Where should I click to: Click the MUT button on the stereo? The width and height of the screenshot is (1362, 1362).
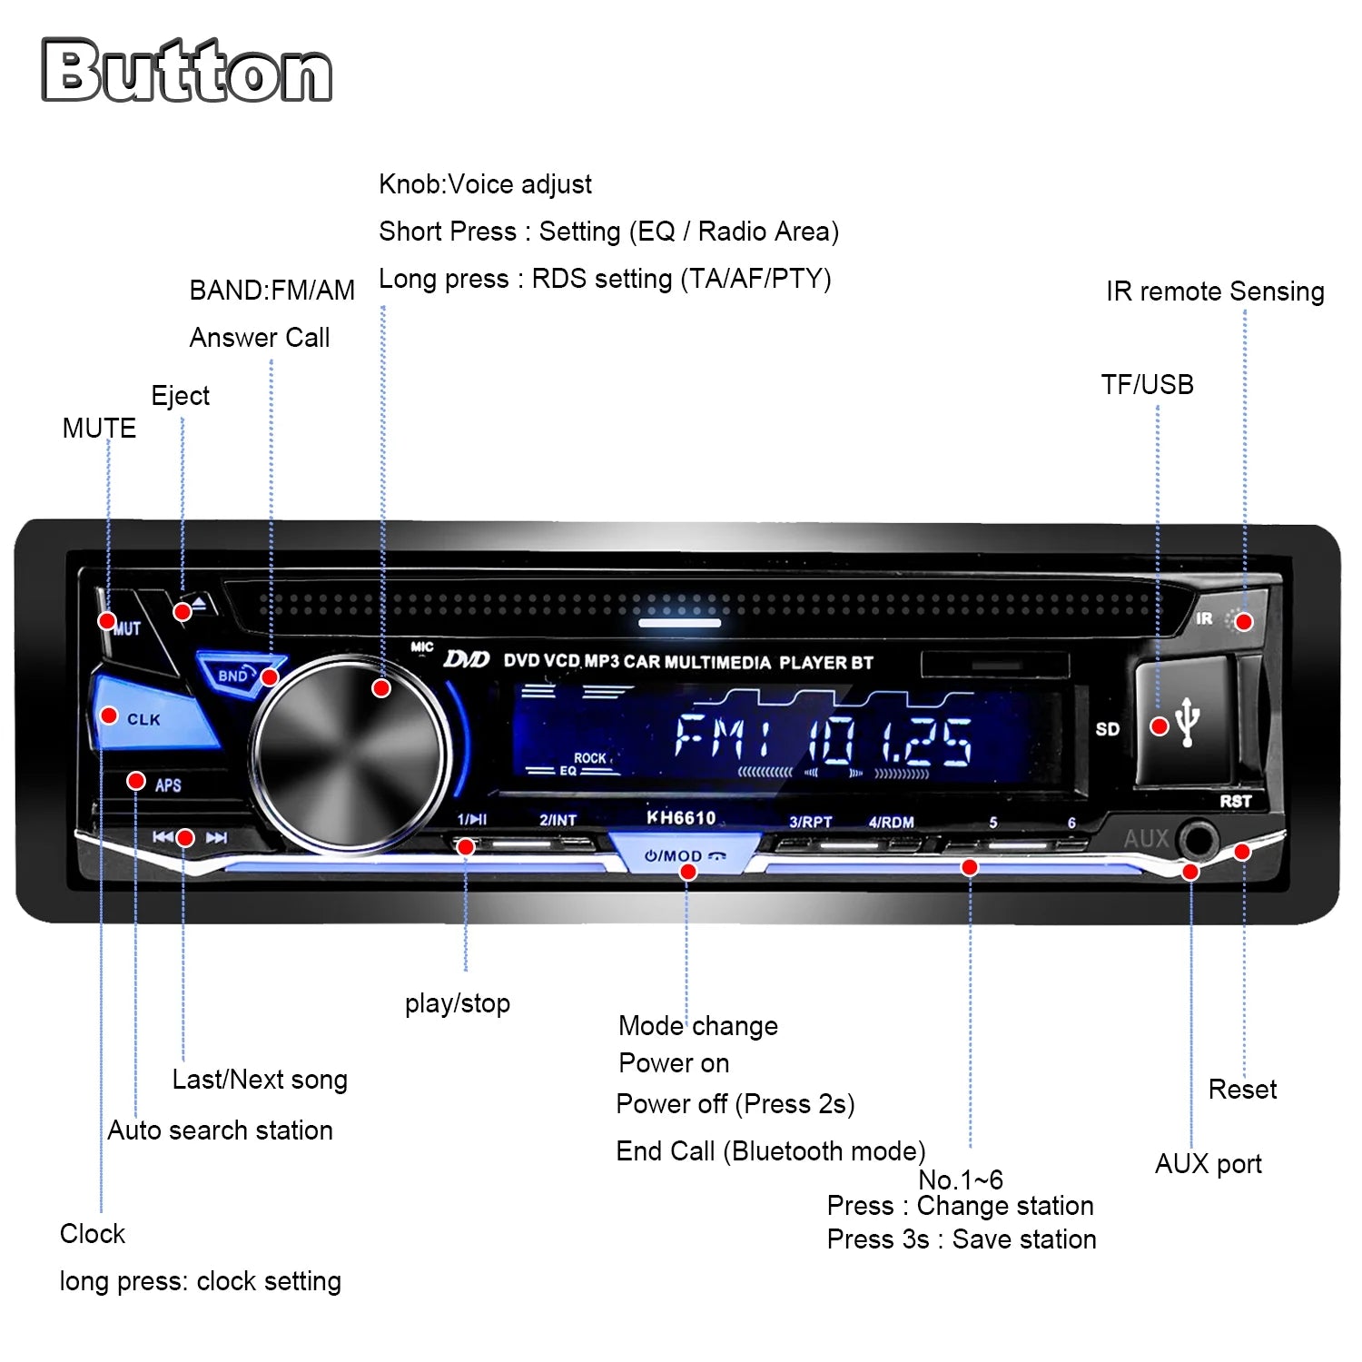123,628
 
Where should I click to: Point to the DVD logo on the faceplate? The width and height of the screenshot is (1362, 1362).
467,658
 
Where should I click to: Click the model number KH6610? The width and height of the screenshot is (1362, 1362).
681,818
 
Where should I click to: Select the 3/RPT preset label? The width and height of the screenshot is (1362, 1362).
810,822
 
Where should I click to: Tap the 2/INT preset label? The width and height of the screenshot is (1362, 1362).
558,820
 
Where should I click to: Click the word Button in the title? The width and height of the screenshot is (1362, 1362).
187,70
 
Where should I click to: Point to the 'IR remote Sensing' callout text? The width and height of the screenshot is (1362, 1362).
1215,291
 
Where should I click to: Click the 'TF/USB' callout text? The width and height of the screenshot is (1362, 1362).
1148,385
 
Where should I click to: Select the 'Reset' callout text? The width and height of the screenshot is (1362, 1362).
1242,1090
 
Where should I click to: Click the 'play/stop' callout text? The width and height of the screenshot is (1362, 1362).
458,1003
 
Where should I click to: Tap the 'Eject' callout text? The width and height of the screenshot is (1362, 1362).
180,396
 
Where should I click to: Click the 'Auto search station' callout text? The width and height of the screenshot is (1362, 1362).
221,1130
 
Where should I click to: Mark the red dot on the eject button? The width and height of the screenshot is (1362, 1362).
183,612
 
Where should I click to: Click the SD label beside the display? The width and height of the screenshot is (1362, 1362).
1107,729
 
